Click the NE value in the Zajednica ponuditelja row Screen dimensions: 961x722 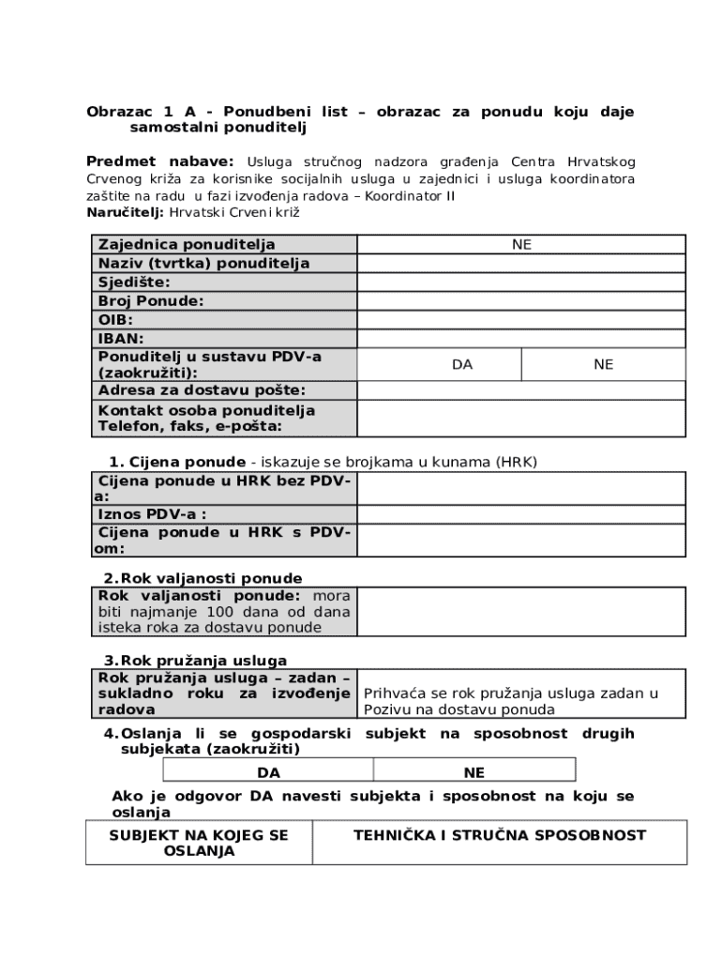521,244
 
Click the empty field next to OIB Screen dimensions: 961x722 521,320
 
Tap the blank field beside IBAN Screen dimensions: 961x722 521,339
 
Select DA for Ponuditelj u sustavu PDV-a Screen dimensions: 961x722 462,364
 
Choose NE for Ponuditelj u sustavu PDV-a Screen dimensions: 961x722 603,364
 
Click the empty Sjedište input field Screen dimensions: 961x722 521,282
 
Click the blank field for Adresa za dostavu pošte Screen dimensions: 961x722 521,390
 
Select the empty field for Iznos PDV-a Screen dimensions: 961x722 521,514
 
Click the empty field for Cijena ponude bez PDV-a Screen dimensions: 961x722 521,489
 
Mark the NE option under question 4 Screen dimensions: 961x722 474,773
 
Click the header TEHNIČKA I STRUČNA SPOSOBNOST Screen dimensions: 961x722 499,835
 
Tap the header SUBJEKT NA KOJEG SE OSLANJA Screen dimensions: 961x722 199,843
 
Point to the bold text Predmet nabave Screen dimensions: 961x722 159,161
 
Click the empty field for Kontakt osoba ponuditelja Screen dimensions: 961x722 521,419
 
